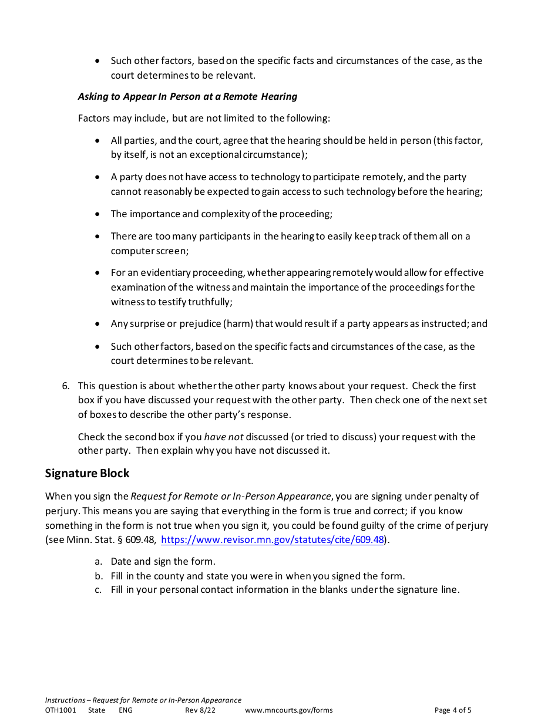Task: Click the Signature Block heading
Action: [87, 473]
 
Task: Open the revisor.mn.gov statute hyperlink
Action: [273, 540]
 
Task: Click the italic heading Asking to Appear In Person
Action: [187, 96]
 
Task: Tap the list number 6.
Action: [65, 386]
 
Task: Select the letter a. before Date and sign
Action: [98, 562]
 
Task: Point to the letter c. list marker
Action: [98, 590]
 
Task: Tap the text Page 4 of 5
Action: [452, 710]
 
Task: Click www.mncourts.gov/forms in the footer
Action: [288, 710]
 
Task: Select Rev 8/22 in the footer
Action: [200, 710]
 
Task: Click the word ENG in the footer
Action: [126, 710]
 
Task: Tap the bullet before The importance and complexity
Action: [98, 214]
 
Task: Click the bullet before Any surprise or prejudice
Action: [98, 324]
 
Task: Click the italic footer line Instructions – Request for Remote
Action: [143, 700]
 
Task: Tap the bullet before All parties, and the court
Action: [98, 141]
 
